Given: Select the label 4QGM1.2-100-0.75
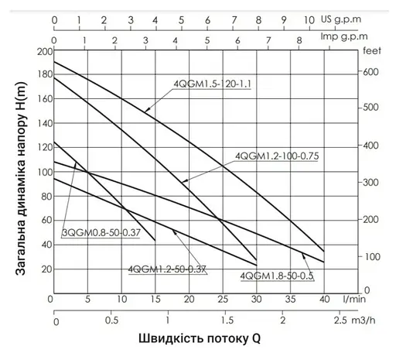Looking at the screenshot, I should pyautogui.click(x=276, y=156).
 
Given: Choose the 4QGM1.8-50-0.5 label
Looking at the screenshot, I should pyautogui.click(x=277, y=276).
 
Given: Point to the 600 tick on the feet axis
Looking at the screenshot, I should pyautogui.click(x=372, y=71).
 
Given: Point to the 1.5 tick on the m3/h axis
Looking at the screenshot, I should pyautogui.click(x=225, y=319).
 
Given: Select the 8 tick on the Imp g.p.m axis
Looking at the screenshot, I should pyautogui.click(x=299, y=36).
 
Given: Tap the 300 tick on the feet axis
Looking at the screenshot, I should pyautogui.click(x=372, y=181).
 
